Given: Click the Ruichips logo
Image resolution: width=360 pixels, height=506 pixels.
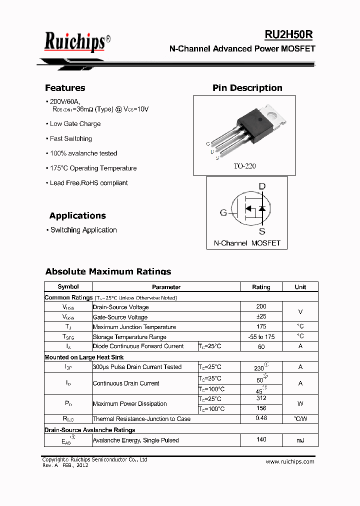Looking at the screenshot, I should pyautogui.click(x=74, y=41).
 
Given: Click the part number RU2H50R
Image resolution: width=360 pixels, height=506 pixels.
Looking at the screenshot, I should pyautogui.click(x=288, y=34).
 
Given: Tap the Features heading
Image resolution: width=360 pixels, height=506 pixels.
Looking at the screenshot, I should pyautogui.click(x=65, y=88).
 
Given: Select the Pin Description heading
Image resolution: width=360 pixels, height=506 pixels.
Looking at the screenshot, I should pyautogui.click(x=247, y=88).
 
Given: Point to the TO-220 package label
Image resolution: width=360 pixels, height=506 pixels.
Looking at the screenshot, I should pyautogui.click(x=244, y=166).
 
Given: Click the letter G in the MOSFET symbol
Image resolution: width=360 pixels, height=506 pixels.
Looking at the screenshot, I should pyautogui.click(x=223, y=213).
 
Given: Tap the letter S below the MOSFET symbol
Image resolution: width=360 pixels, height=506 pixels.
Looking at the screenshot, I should pyautogui.click(x=262, y=231).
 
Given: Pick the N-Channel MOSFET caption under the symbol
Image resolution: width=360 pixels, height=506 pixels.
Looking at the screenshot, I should pyautogui.click(x=247, y=243).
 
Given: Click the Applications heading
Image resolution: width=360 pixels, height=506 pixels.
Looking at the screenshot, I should pyautogui.click(x=77, y=216).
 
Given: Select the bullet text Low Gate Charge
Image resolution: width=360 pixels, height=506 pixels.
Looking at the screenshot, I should pyautogui.click(x=75, y=124).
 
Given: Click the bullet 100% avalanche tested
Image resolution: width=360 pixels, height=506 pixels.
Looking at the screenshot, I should pyautogui.click(x=83, y=153).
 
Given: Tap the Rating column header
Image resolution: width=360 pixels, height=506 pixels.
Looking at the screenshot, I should pyautogui.click(x=261, y=287).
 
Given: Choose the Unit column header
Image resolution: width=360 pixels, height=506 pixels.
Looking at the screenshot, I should pyautogui.click(x=300, y=287).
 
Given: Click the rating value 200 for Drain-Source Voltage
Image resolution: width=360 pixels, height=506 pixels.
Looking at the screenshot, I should pyautogui.click(x=261, y=306).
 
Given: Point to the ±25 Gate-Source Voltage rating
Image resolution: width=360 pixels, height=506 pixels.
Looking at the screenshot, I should pyautogui.click(x=261, y=316).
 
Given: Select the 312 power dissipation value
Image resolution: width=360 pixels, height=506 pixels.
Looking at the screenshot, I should pyautogui.click(x=261, y=398).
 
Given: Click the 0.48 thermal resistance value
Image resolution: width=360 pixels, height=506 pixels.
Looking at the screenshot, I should pyautogui.click(x=261, y=418).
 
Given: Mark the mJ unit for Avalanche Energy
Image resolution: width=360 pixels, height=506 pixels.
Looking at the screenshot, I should pyautogui.click(x=300, y=440).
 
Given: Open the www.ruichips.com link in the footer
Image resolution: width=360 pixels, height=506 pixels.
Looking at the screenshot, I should pyautogui.click(x=290, y=461).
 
